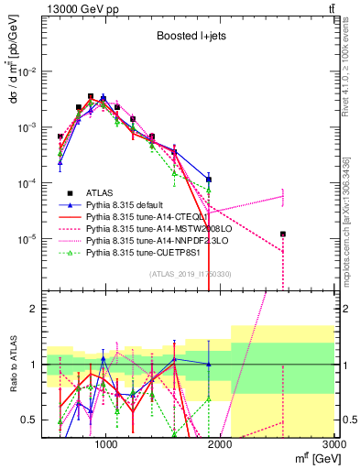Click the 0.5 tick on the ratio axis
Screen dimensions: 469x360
(x=32, y=420)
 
